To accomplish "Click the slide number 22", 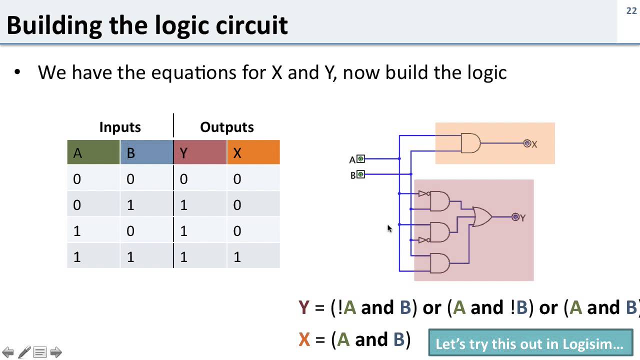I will point(631,11).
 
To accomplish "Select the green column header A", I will point(93,152).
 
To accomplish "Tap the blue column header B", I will point(146,152).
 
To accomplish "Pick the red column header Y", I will point(200,152).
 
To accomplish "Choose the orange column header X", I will point(253,152).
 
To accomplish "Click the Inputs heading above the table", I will point(120,127).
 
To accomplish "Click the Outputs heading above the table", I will point(226,127).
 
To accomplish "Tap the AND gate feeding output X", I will point(470,143).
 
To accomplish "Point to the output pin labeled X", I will point(527,143).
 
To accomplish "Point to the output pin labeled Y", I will point(515,217).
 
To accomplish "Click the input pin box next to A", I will point(360,159).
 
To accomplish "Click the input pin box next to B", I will point(360,174).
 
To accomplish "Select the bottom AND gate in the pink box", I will point(439,263).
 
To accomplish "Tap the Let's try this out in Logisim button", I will point(530,344).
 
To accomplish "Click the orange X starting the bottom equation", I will point(304,339).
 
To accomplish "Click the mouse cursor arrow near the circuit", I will point(389,228).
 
